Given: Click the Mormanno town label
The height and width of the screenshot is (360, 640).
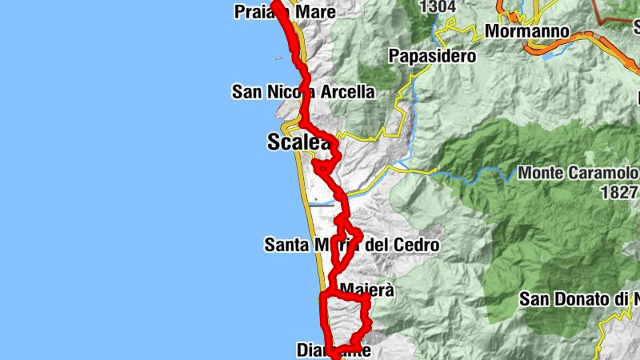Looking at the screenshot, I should click(527, 33).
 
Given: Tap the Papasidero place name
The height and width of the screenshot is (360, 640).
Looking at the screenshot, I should click(432, 56).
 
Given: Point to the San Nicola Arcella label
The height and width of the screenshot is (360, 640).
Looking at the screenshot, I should click(303, 92).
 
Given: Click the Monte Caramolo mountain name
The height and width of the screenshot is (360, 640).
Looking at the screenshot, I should click(578, 173).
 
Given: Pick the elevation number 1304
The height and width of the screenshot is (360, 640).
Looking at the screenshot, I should click(438, 6).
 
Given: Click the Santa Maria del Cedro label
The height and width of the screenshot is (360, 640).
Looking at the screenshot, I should click(351, 245).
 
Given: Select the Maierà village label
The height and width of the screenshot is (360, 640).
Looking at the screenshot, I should click(367, 290).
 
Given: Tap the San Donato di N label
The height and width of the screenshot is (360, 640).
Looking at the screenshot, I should click(579, 299).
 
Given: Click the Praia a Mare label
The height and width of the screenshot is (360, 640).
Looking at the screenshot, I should click(285, 11).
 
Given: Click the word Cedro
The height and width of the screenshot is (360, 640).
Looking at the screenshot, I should click(414, 245).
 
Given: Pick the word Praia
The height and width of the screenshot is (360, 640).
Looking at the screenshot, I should click(254, 11).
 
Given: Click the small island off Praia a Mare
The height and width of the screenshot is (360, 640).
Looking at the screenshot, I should click(278, 58).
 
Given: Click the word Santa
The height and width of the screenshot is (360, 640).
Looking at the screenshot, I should click(286, 245).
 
